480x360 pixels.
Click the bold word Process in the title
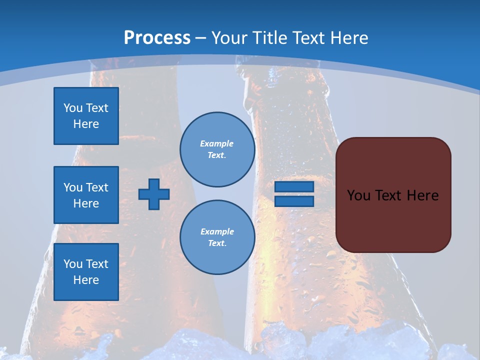[157, 38]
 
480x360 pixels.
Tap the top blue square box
[86, 116]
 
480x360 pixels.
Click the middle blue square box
[86, 195]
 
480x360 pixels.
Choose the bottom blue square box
[86, 272]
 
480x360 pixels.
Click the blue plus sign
[154, 194]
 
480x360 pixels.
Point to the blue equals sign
[294, 194]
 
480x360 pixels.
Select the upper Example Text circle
[217, 149]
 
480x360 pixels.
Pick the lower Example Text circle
[217, 237]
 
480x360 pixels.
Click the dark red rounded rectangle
[393, 194]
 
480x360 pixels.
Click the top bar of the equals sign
[294, 187]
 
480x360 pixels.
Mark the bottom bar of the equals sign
[294, 201]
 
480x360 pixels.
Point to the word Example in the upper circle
[217, 144]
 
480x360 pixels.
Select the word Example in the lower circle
[217, 232]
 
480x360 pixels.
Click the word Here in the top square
[86, 124]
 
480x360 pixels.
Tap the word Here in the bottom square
[86, 280]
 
